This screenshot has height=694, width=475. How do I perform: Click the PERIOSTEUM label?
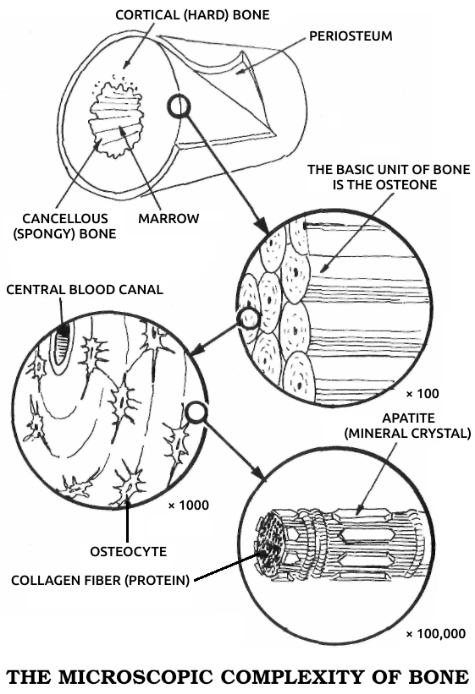point(351,36)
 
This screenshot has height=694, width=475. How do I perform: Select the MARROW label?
point(168,218)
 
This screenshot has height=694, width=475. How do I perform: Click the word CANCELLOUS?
point(65,218)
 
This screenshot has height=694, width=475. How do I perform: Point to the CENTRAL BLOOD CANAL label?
point(85,289)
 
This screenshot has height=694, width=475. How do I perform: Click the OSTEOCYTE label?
point(129,551)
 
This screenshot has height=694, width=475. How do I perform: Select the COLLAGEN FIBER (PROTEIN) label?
point(100,580)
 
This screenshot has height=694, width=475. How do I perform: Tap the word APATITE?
point(408,418)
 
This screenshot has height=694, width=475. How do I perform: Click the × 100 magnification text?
point(423,393)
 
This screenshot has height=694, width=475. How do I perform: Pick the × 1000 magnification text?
point(189,505)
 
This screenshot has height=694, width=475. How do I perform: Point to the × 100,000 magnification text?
point(436,634)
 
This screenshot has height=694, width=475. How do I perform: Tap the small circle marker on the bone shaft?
point(179,107)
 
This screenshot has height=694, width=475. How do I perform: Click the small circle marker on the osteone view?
point(248,318)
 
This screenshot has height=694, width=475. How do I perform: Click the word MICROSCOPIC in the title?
point(136,677)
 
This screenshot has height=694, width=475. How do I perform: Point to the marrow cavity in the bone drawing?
point(116,120)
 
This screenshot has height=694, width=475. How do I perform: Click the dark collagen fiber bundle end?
point(269,544)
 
